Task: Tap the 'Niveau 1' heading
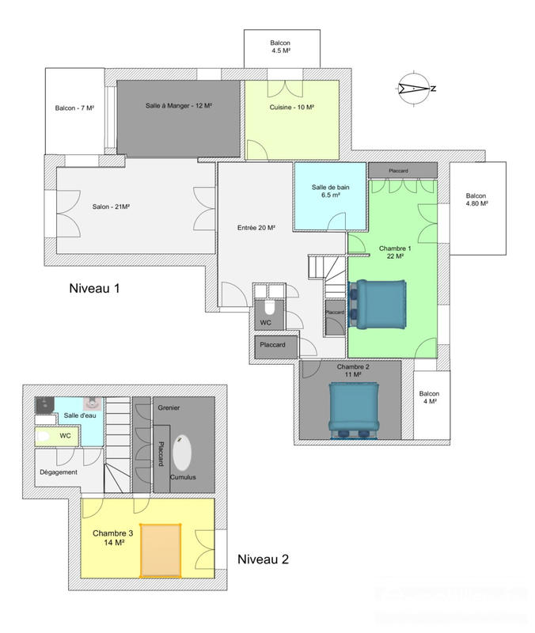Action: pyautogui.click(x=94, y=290)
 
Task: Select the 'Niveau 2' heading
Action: pyautogui.click(x=263, y=559)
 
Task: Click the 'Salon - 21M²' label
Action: pyautogui.click(x=111, y=207)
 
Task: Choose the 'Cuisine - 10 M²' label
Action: pyautogui.click(x=292, y=108)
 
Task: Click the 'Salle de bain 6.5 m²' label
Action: pyautogui.click(x=330, y=191)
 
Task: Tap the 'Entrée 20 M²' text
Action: pyautogui.click(x=256, y=228)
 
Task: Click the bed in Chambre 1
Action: pyautogui.click(x=378, y=304)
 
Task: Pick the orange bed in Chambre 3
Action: pyautogui.click(x=161, y=550)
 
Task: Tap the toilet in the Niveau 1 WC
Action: pyautogui.click(x=268, y=307)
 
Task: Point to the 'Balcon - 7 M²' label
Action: pyautogui.click(x=74, y=108)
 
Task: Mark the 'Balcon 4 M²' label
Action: pyautogui.click(x=430, y=398)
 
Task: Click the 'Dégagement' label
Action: pyautogui.click(x=58, y=472)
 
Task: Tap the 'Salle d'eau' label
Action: pyautogui.click(x=78, y=415)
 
